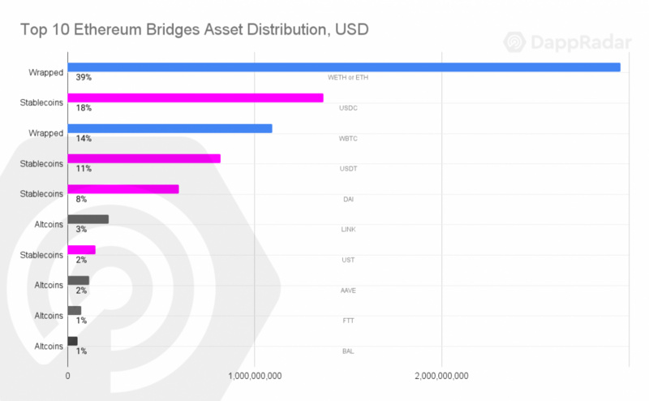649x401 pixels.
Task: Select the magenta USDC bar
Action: [x=196, y=97]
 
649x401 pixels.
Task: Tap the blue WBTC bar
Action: [x=170, y=128]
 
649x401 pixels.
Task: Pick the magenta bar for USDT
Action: [x=144, y=158]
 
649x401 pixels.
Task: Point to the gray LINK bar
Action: [x=88, y=219]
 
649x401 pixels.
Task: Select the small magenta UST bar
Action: [x=81, y=250]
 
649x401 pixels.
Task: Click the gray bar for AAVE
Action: [x=79, y=280]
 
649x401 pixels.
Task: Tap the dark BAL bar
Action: [x=72, y=341]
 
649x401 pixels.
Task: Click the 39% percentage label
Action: [x=83, y=77]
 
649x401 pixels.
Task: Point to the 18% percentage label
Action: [x=83, y=108]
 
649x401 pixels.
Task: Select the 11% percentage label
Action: [x=83, y=169]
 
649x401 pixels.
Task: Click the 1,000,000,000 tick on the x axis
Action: [x=255, y=376]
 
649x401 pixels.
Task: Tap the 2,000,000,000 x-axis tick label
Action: [x=441, y=376]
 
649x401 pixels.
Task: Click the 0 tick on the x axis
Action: [x=67, y=376]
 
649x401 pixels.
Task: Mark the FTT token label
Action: [x=349, y=321]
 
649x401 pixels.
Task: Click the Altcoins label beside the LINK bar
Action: [x=49, y=224]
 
